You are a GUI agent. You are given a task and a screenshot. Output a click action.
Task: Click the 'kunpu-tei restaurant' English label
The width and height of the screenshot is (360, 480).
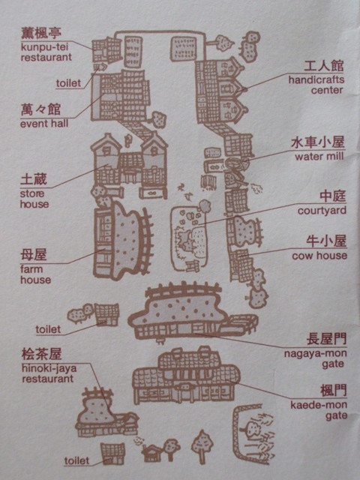tap(46, 52)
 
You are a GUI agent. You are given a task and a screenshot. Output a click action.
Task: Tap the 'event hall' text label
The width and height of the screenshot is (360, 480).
tap(44, 124)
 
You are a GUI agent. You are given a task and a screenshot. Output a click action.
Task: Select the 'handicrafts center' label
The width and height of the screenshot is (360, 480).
tap(316, 85)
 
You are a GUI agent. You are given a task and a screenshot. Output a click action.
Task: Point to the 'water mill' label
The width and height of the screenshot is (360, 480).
tap(319, 157)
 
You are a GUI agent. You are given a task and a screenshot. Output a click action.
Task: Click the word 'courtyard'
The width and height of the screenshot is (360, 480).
tap(322, 211)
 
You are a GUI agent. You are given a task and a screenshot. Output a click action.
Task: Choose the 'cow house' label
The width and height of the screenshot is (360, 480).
tap(319, 256)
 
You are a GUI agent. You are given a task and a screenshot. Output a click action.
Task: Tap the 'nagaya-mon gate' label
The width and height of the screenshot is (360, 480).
tap(315, 358)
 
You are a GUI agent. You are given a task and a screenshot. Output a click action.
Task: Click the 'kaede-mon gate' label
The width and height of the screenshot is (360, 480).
tap(319, 410)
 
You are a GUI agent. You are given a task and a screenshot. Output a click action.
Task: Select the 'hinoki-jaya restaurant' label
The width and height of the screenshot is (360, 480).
tap(49, 373)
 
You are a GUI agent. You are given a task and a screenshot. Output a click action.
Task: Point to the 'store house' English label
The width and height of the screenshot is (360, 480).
tap(34, 199)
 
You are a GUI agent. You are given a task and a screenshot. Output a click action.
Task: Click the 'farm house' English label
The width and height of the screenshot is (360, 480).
tap(35, 274)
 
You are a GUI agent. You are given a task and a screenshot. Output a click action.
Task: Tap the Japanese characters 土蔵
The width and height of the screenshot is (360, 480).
tap(34, 179)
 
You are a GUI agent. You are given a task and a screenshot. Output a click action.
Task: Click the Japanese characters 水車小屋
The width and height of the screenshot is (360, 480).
tap(318, 142)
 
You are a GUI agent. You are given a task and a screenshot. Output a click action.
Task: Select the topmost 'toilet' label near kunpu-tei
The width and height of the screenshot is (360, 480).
tap(68, 83)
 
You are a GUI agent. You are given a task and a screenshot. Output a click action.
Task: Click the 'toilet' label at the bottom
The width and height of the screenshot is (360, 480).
tap(76, 460)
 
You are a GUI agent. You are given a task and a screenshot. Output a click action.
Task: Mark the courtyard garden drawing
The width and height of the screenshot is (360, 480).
tap(189, 238)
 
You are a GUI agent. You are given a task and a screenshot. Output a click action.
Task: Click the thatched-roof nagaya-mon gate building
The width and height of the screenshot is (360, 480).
tap(193, 312)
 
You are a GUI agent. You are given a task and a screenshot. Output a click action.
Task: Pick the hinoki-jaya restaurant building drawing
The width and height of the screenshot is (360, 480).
tap(106, 412)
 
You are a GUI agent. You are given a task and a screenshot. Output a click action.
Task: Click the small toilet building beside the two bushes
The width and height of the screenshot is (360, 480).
tap(106, 314)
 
